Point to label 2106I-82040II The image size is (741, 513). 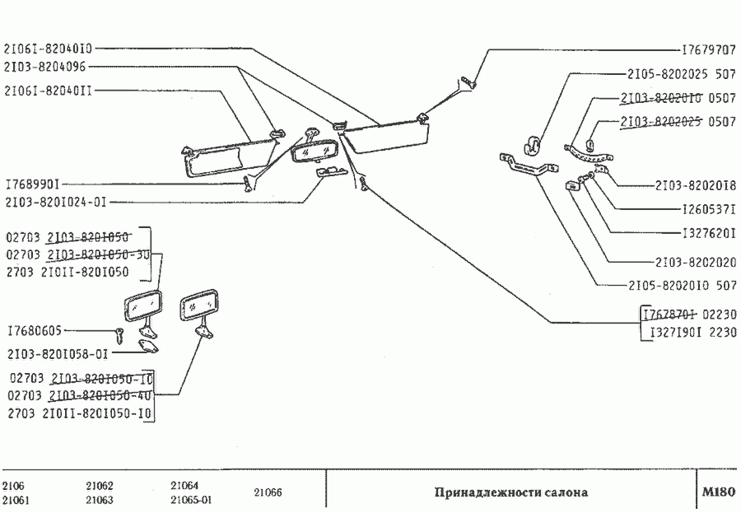[48, 91]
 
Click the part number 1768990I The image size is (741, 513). [31, 184]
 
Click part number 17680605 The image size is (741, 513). [34, 331]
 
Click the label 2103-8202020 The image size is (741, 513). [696, 263]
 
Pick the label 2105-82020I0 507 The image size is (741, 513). [680, 287]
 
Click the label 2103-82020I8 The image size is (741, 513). [696, 184]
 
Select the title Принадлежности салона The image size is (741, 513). [511, 493]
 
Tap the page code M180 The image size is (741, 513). [717, 492]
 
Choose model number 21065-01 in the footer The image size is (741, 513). [191, 500]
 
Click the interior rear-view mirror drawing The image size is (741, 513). [311, 153]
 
